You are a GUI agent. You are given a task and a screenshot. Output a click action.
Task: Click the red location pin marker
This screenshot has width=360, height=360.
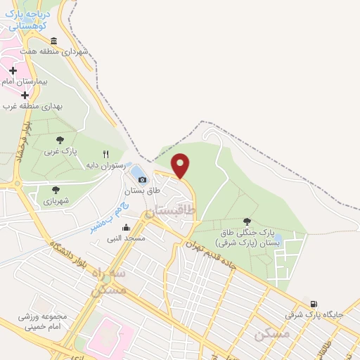pos(181,165)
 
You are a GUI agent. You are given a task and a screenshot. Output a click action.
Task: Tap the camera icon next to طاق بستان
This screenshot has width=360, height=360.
pos(143,180)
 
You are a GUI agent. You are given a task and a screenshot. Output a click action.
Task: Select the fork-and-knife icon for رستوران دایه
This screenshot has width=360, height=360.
pos(106,154)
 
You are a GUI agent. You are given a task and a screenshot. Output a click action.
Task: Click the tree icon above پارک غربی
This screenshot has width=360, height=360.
pos(60,140)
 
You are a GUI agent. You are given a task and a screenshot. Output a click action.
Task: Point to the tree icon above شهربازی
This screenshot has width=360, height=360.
pos(56,190)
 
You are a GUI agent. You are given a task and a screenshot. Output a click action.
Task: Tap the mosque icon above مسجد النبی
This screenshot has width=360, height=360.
pos(126,227)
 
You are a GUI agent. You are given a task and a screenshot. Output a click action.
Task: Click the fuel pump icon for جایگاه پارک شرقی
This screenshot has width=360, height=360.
pos(313,303)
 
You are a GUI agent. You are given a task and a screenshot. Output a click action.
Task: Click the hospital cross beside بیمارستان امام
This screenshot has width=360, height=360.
pos(13,70)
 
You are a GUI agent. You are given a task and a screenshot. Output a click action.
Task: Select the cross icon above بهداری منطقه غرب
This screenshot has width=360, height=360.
pos(25,95)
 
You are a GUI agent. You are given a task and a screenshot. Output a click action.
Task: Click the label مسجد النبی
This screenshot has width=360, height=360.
pos(126,238)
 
